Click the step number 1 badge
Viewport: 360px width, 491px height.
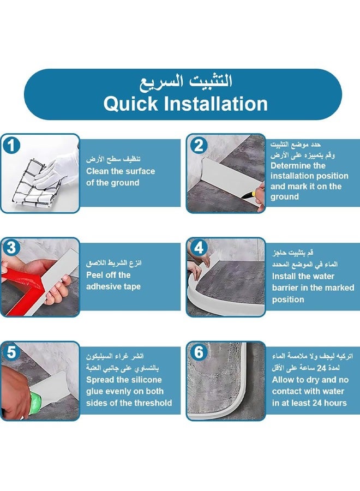click(11, 146)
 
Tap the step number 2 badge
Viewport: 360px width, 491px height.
click(199, 146)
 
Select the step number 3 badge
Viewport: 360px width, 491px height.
click(11, 248)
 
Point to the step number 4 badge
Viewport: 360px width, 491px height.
click(199, 248)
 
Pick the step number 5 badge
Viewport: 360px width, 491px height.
click(11, 352)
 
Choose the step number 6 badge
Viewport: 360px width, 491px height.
click(199, 352)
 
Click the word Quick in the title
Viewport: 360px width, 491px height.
click(131, 104)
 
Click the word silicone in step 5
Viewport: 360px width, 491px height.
click(145, 380)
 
